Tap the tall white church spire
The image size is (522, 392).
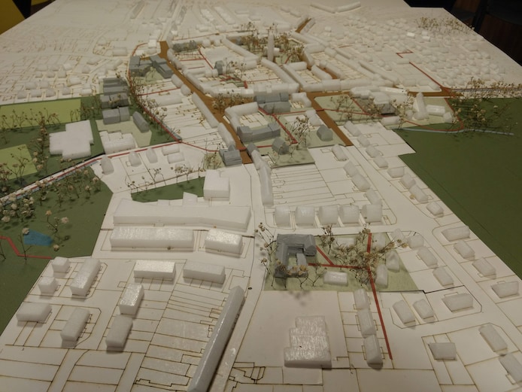pos(271,45)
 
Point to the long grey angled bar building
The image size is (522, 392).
pos(219,339)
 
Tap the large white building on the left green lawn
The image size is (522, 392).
pos(71,139)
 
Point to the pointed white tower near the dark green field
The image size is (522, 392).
pos(420,105)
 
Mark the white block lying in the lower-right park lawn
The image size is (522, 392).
pos(336,278)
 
